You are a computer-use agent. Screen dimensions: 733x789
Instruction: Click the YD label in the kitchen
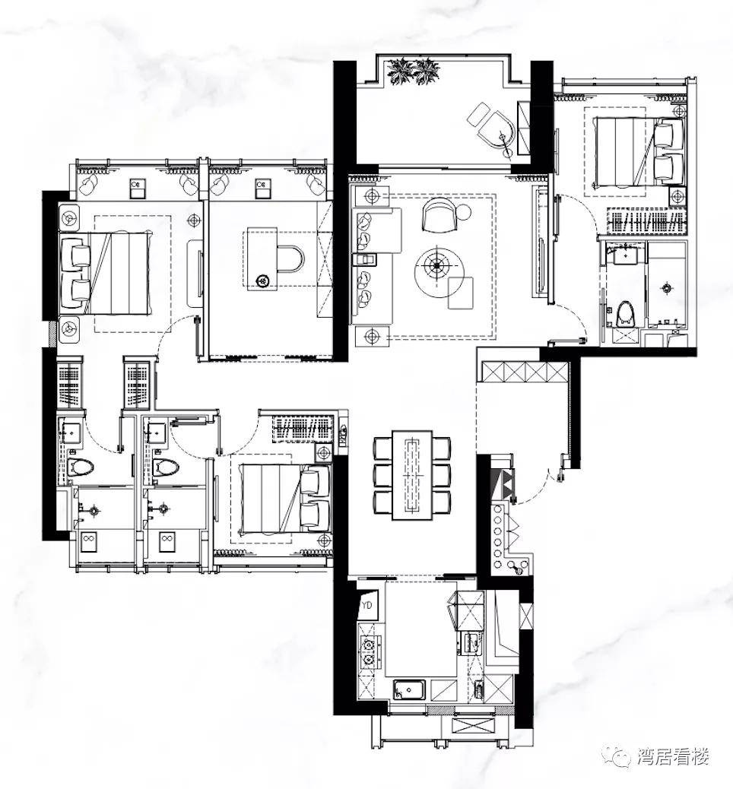coord(367,605)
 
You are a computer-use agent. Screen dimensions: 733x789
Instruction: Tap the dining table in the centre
coord(412,474)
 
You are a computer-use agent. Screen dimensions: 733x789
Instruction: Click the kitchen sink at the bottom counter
coord(409,689)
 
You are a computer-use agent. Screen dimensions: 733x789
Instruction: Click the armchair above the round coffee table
coord(439,215)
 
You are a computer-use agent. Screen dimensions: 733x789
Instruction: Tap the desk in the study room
coord(262,258)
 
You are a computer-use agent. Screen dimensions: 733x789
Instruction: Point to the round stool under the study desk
coord(263,280)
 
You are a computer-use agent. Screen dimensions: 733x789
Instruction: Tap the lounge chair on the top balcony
coord(493,128)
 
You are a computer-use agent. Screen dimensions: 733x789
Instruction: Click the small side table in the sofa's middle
coord(365,258)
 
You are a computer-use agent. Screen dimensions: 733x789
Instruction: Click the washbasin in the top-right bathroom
coord(625,255)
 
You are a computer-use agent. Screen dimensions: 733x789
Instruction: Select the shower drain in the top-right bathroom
coord(667,288)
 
